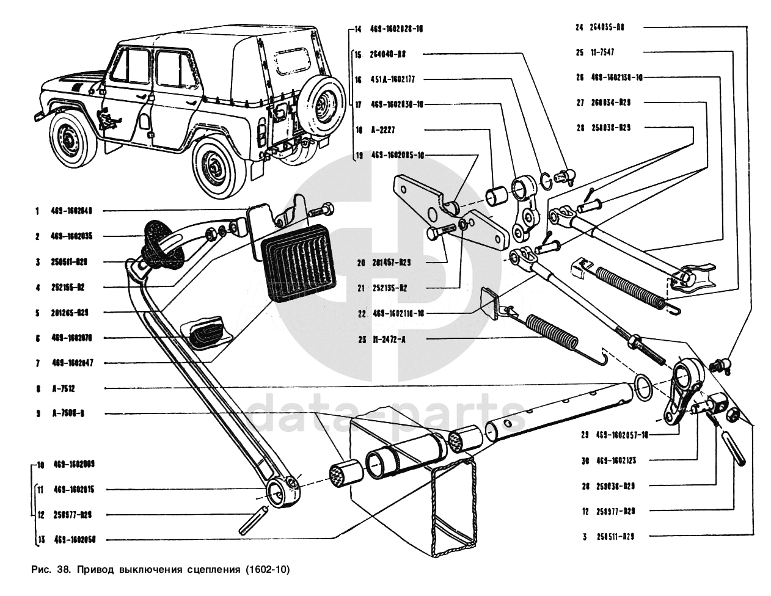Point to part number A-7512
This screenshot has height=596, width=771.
(64, 388)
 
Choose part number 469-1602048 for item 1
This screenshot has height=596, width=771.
(71, 211)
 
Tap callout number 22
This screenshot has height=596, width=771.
(362, 313)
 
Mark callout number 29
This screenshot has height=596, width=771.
(585, 435)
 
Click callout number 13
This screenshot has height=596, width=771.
(40, 540)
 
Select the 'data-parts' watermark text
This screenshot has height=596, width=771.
(387, 413)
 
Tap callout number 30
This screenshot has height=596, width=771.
(585, 460)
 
